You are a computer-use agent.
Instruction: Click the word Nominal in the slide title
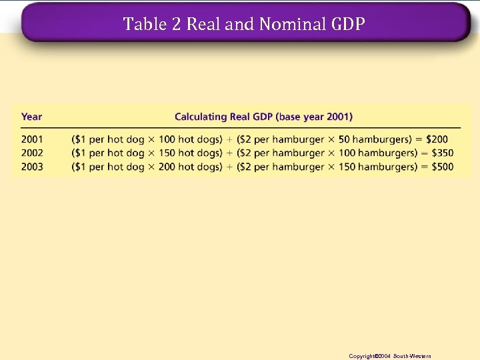293,25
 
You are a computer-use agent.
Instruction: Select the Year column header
31,117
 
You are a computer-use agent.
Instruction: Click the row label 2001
31,139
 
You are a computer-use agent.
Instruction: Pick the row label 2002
31,153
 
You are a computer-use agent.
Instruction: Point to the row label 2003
31,167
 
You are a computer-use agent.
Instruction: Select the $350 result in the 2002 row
442,153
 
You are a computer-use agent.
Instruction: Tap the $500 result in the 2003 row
442,167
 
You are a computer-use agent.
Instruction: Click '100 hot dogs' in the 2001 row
190,139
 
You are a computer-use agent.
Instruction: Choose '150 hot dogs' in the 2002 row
190,153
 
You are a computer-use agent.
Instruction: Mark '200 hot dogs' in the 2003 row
190,167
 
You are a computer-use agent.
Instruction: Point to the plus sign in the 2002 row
230,153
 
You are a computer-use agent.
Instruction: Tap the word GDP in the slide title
347,25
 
